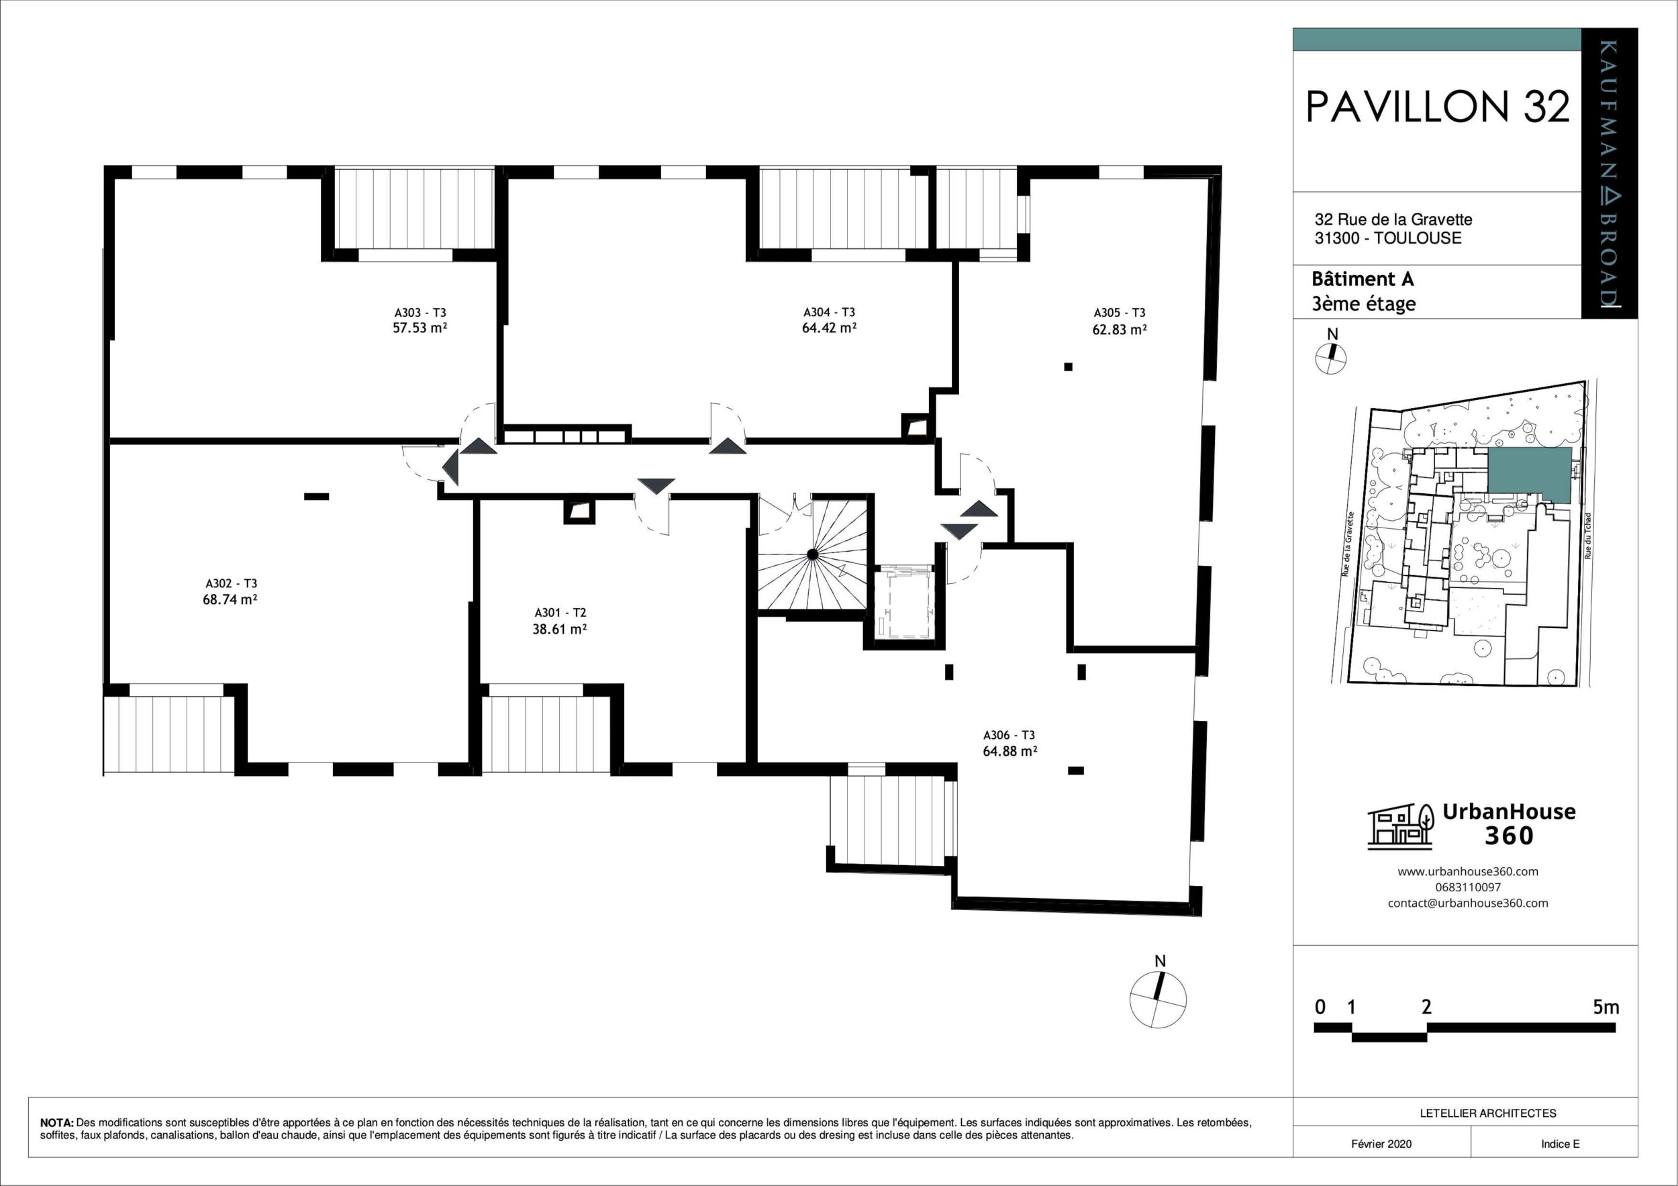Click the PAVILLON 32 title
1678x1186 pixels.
[1437, 107]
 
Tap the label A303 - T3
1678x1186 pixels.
[419, 312]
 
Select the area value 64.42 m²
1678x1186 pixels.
[829, 328]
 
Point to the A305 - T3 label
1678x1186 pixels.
[1119, 312]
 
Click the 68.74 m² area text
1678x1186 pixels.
[230, 599]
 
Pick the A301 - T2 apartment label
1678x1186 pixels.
[560, 612]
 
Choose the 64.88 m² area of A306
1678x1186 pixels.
[1009, 750]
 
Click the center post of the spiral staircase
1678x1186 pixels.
[812, 554]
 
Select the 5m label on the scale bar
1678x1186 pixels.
[1606, 1007]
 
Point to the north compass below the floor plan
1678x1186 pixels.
[1158, 1000]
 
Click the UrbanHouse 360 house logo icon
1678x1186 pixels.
[1399, 826]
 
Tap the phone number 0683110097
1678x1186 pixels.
[1467, 887]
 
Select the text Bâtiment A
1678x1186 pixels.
[1363, 279]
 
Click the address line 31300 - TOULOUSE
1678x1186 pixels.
[1387, 238]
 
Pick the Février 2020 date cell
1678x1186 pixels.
[1381, 1144]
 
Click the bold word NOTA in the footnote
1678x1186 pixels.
[57, 1122]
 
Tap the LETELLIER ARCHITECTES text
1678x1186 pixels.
[1487, 1114]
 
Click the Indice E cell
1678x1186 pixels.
[1560, 1144]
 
